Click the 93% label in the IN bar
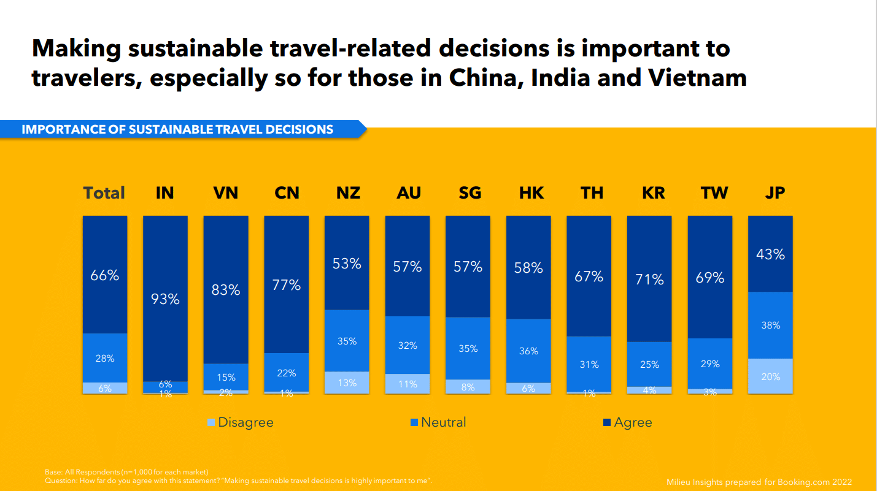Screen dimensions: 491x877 point(165,300)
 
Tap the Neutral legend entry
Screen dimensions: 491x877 point(438,422)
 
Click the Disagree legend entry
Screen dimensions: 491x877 point(240,422)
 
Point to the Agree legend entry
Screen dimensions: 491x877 point(628,422)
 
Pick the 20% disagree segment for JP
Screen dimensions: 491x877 point(770,376)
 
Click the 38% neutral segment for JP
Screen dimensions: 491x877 point(770,325)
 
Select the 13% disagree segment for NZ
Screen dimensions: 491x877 point(347,383)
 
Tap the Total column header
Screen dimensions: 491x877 point(104,193)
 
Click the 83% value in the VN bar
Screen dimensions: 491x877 point(226,290)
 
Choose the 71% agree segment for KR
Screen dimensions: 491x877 point(649,280)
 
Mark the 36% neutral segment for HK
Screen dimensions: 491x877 point(528,351)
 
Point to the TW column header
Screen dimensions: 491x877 point(714,193)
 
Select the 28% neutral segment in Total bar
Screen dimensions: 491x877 point(105,359)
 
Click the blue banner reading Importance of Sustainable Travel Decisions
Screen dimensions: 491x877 point(178,129)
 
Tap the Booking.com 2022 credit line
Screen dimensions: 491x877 point(759,482)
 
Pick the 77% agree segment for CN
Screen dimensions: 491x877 point(287,285)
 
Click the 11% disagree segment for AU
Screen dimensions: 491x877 point(408,384)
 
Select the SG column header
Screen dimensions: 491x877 point(469,193)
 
